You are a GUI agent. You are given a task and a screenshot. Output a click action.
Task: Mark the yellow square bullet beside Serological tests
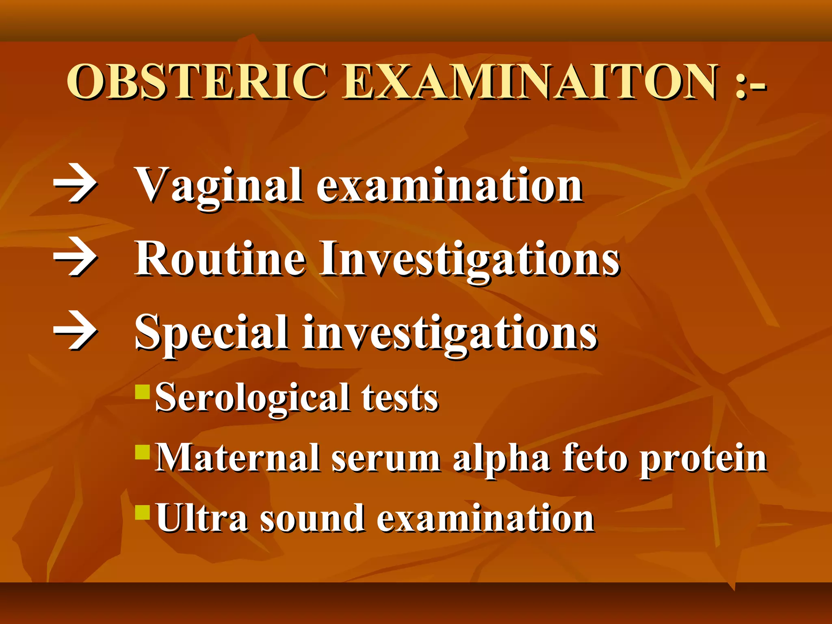coord(143,392)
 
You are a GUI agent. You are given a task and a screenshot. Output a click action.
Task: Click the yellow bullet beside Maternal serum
coord(143,452)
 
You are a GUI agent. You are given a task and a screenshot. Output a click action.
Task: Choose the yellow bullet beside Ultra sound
coord(143,512)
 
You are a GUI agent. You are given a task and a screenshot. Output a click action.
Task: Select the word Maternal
coord(238,458)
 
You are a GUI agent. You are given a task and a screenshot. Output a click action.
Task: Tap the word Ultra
coord(201,518)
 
